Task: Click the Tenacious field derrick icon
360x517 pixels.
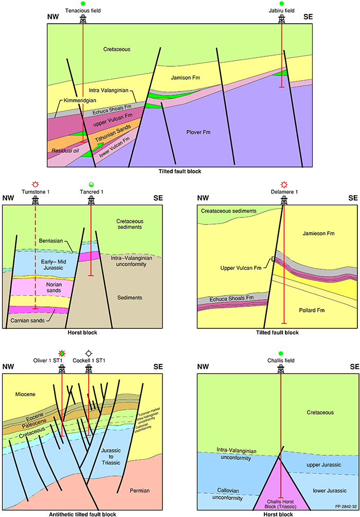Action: click(x=83, y=19)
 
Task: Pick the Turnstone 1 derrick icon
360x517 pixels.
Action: click(x=35, y=200)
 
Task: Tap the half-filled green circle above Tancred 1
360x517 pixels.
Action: click(x=91, y=184)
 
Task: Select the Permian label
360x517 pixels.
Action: click(x=139, y=491)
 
